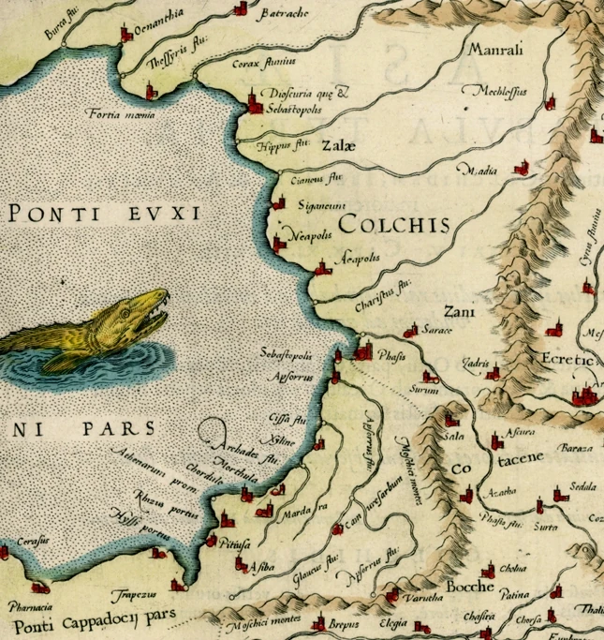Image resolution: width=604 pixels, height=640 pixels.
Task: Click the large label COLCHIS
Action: [x=393, y=225]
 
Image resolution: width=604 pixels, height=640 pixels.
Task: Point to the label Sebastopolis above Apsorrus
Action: [x=293, y=356]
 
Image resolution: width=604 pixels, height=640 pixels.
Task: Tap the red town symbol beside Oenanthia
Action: [x=126, y=37]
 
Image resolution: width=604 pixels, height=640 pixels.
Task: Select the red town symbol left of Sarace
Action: [x=409, y=331]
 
